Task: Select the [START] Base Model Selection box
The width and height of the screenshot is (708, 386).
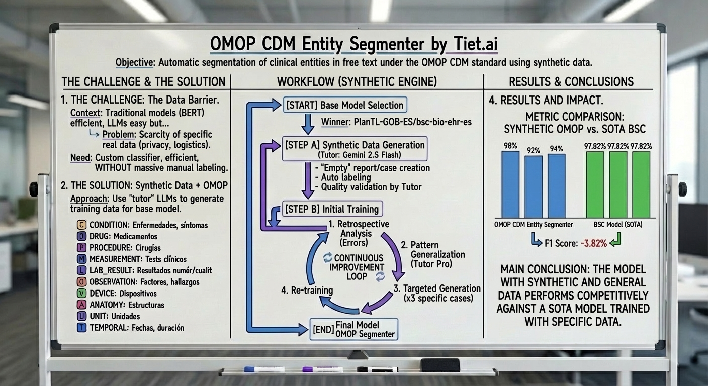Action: (345, 105)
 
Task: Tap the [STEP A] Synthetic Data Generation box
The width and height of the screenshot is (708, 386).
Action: (355, 148)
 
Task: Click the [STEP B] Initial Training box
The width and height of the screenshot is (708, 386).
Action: (330, 209)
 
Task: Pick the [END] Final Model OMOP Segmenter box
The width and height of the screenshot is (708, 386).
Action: (353, 329)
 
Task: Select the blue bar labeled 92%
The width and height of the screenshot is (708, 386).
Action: (534, 186)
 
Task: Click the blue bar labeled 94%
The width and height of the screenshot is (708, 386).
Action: (556, 185)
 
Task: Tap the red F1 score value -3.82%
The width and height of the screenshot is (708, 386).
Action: (595, 244)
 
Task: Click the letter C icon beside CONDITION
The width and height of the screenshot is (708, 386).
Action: (81, 225)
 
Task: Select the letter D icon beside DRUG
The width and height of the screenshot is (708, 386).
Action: (81, 236)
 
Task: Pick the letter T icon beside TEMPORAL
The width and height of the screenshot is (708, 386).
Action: (81, 328)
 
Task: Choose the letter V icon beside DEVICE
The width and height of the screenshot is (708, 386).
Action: (81, 293)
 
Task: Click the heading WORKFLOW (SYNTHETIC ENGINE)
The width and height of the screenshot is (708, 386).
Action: (357, 82)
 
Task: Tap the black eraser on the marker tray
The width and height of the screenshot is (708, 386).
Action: (440, 365)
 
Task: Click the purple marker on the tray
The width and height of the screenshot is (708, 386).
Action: (322, 369)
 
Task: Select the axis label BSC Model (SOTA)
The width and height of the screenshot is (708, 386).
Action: (617, 225)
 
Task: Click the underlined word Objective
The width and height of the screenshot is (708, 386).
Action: (134, 63)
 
